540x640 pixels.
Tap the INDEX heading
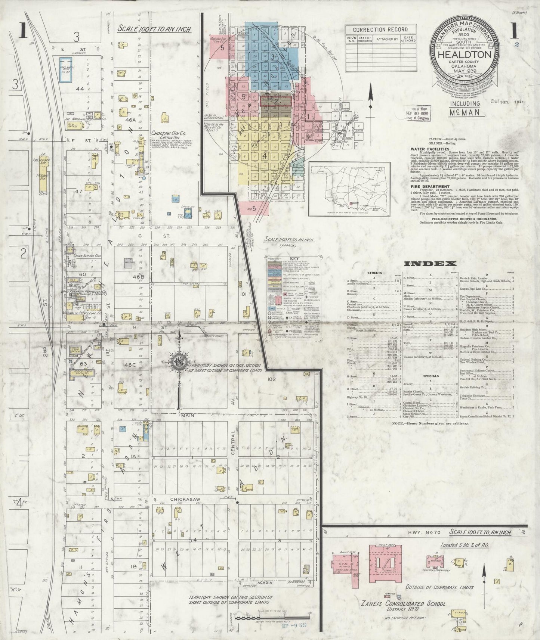point(431,263)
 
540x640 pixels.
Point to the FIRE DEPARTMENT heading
point(425,186)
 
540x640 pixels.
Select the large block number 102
point(271,379)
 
